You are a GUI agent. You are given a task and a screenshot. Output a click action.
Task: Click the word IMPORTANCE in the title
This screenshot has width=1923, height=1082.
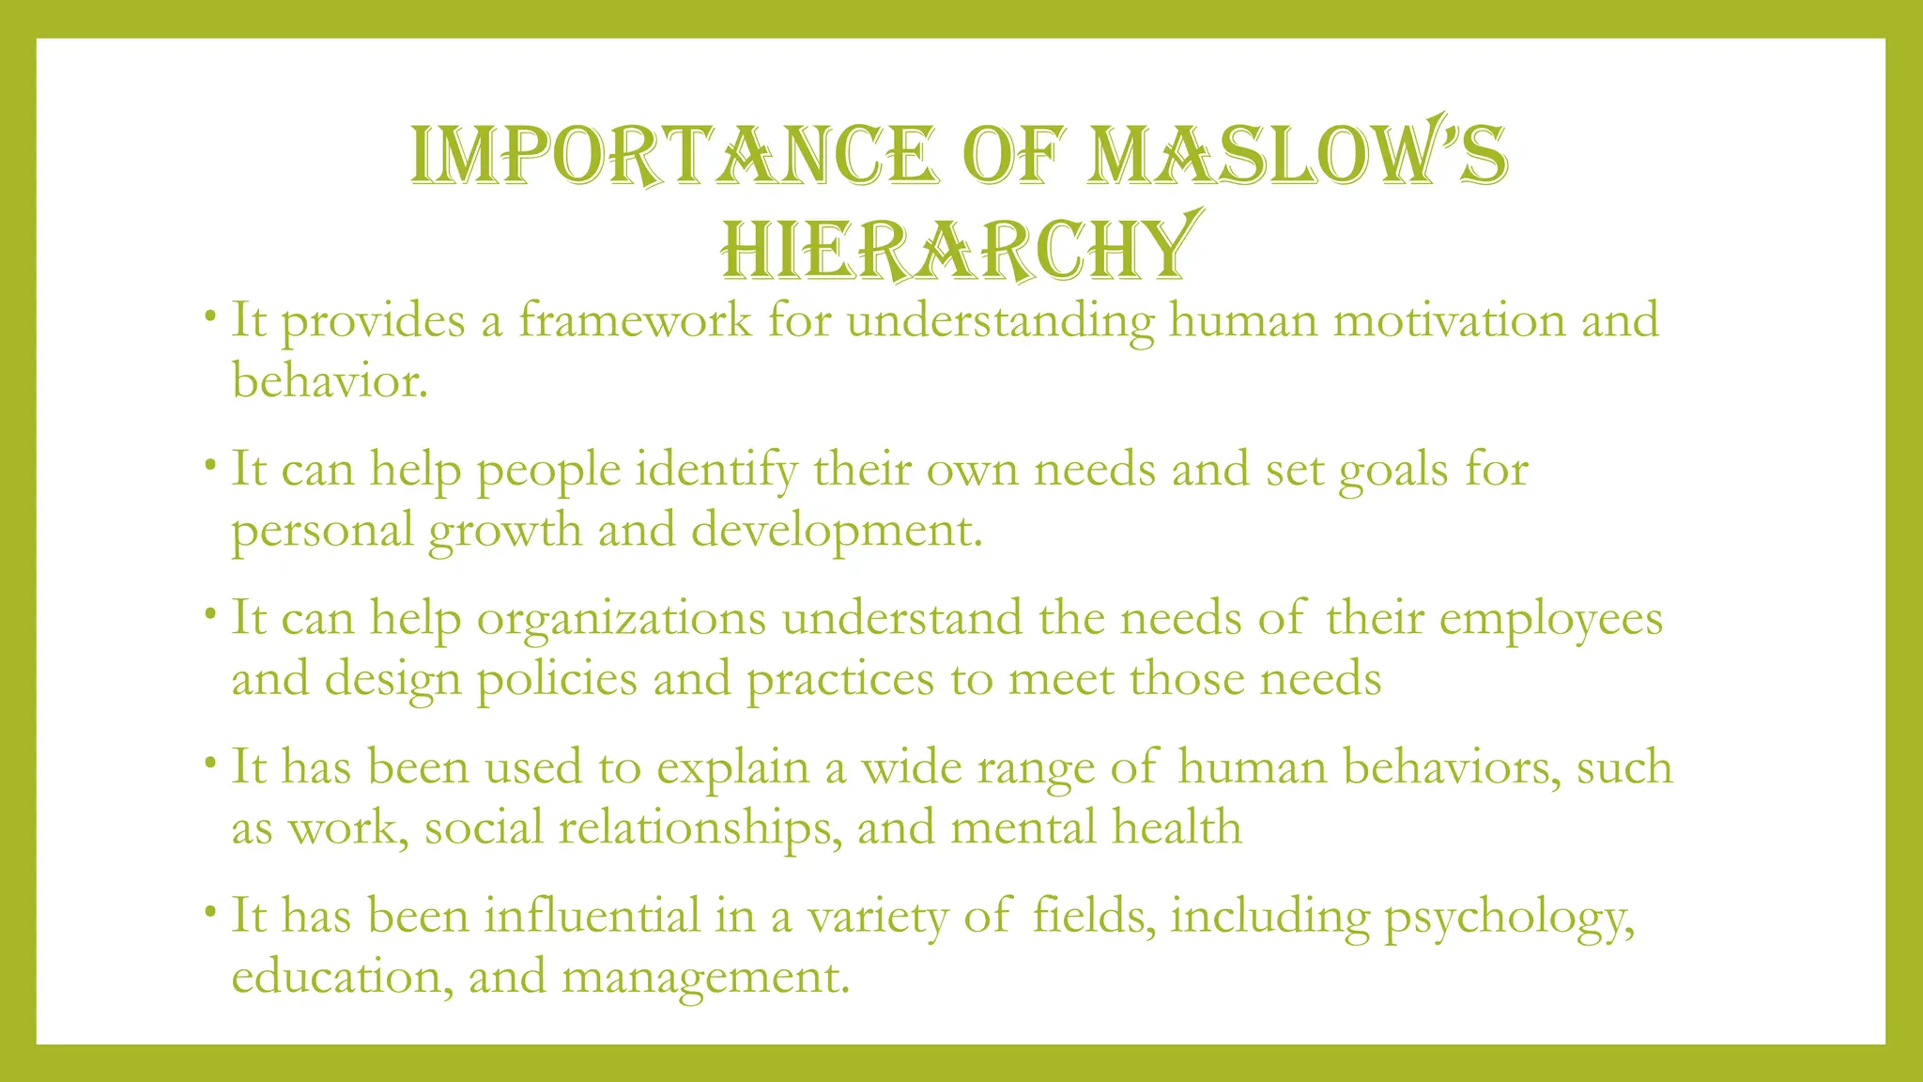[x=672, y=155]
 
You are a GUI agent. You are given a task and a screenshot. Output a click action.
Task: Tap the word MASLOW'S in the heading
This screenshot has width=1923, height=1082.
[x=1297, y=155]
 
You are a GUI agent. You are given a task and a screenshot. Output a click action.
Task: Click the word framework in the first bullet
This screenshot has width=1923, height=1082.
[x=635, y=320]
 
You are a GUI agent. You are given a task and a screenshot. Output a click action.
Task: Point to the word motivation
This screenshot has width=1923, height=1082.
[x=1449, y=320]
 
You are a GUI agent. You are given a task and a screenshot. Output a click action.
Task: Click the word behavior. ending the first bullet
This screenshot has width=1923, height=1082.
[x=330, y=381]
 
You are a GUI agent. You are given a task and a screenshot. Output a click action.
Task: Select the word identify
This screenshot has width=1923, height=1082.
[x=716, y=469]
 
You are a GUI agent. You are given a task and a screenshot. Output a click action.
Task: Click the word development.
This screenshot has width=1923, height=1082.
[x=837, y=530]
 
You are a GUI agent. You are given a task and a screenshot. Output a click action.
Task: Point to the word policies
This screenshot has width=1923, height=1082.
[x=557, y=679]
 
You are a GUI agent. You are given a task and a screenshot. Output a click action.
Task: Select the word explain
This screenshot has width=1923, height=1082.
[x=732, y=766]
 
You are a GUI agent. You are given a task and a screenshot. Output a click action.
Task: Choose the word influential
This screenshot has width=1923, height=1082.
[x=592, y=916]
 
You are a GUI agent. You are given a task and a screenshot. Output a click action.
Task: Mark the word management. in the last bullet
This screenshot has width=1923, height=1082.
[x=705, y=977]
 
